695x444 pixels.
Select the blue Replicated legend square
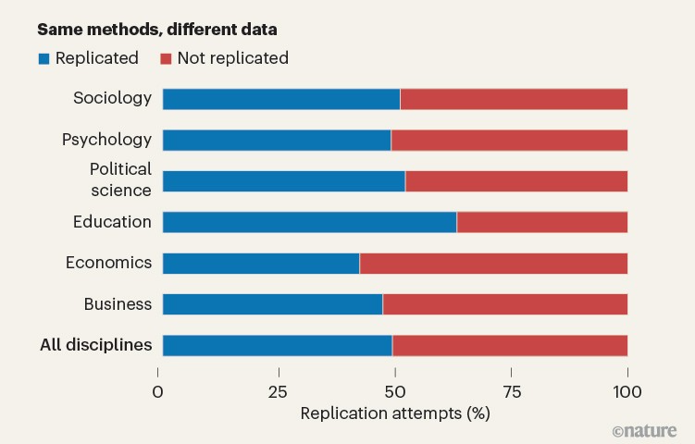pyautogui.click(x=43, y=58)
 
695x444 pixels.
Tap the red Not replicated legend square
pyautogui.click(x=167, y=58)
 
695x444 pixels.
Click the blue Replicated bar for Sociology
pyautogui.click(x=280, y=99)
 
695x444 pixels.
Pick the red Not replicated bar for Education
pyautogui.click(x=541, y=222)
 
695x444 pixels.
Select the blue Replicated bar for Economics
pyautogui.click(x=261, y=263)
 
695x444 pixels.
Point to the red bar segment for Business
pyautogui.click(x=504, y=304)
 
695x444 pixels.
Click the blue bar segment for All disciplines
pyautogui.click(x=277, y=345)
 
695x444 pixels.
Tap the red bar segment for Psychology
pyautogui.click(x=509, y=140)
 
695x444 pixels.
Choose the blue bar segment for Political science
pyautogui.click(x=283, y=181)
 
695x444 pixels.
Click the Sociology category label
pyautogui.click(x=112, y=98)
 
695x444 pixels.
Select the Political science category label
pyautogui.click(x=119, y=179)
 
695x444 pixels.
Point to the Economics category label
pyautogui.click(x=108, y=262)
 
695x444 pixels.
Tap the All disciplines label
pyautogui.click(x=95, y=345)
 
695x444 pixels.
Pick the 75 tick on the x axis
pyautogui.click(x=511, y=392)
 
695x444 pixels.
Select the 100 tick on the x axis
pyautogui.click(x=627, y=392)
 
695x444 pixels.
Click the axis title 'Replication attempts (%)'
pyautogui.click(x=395, y=413)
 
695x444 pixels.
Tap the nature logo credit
pyautogui.click(x=644, y=431)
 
